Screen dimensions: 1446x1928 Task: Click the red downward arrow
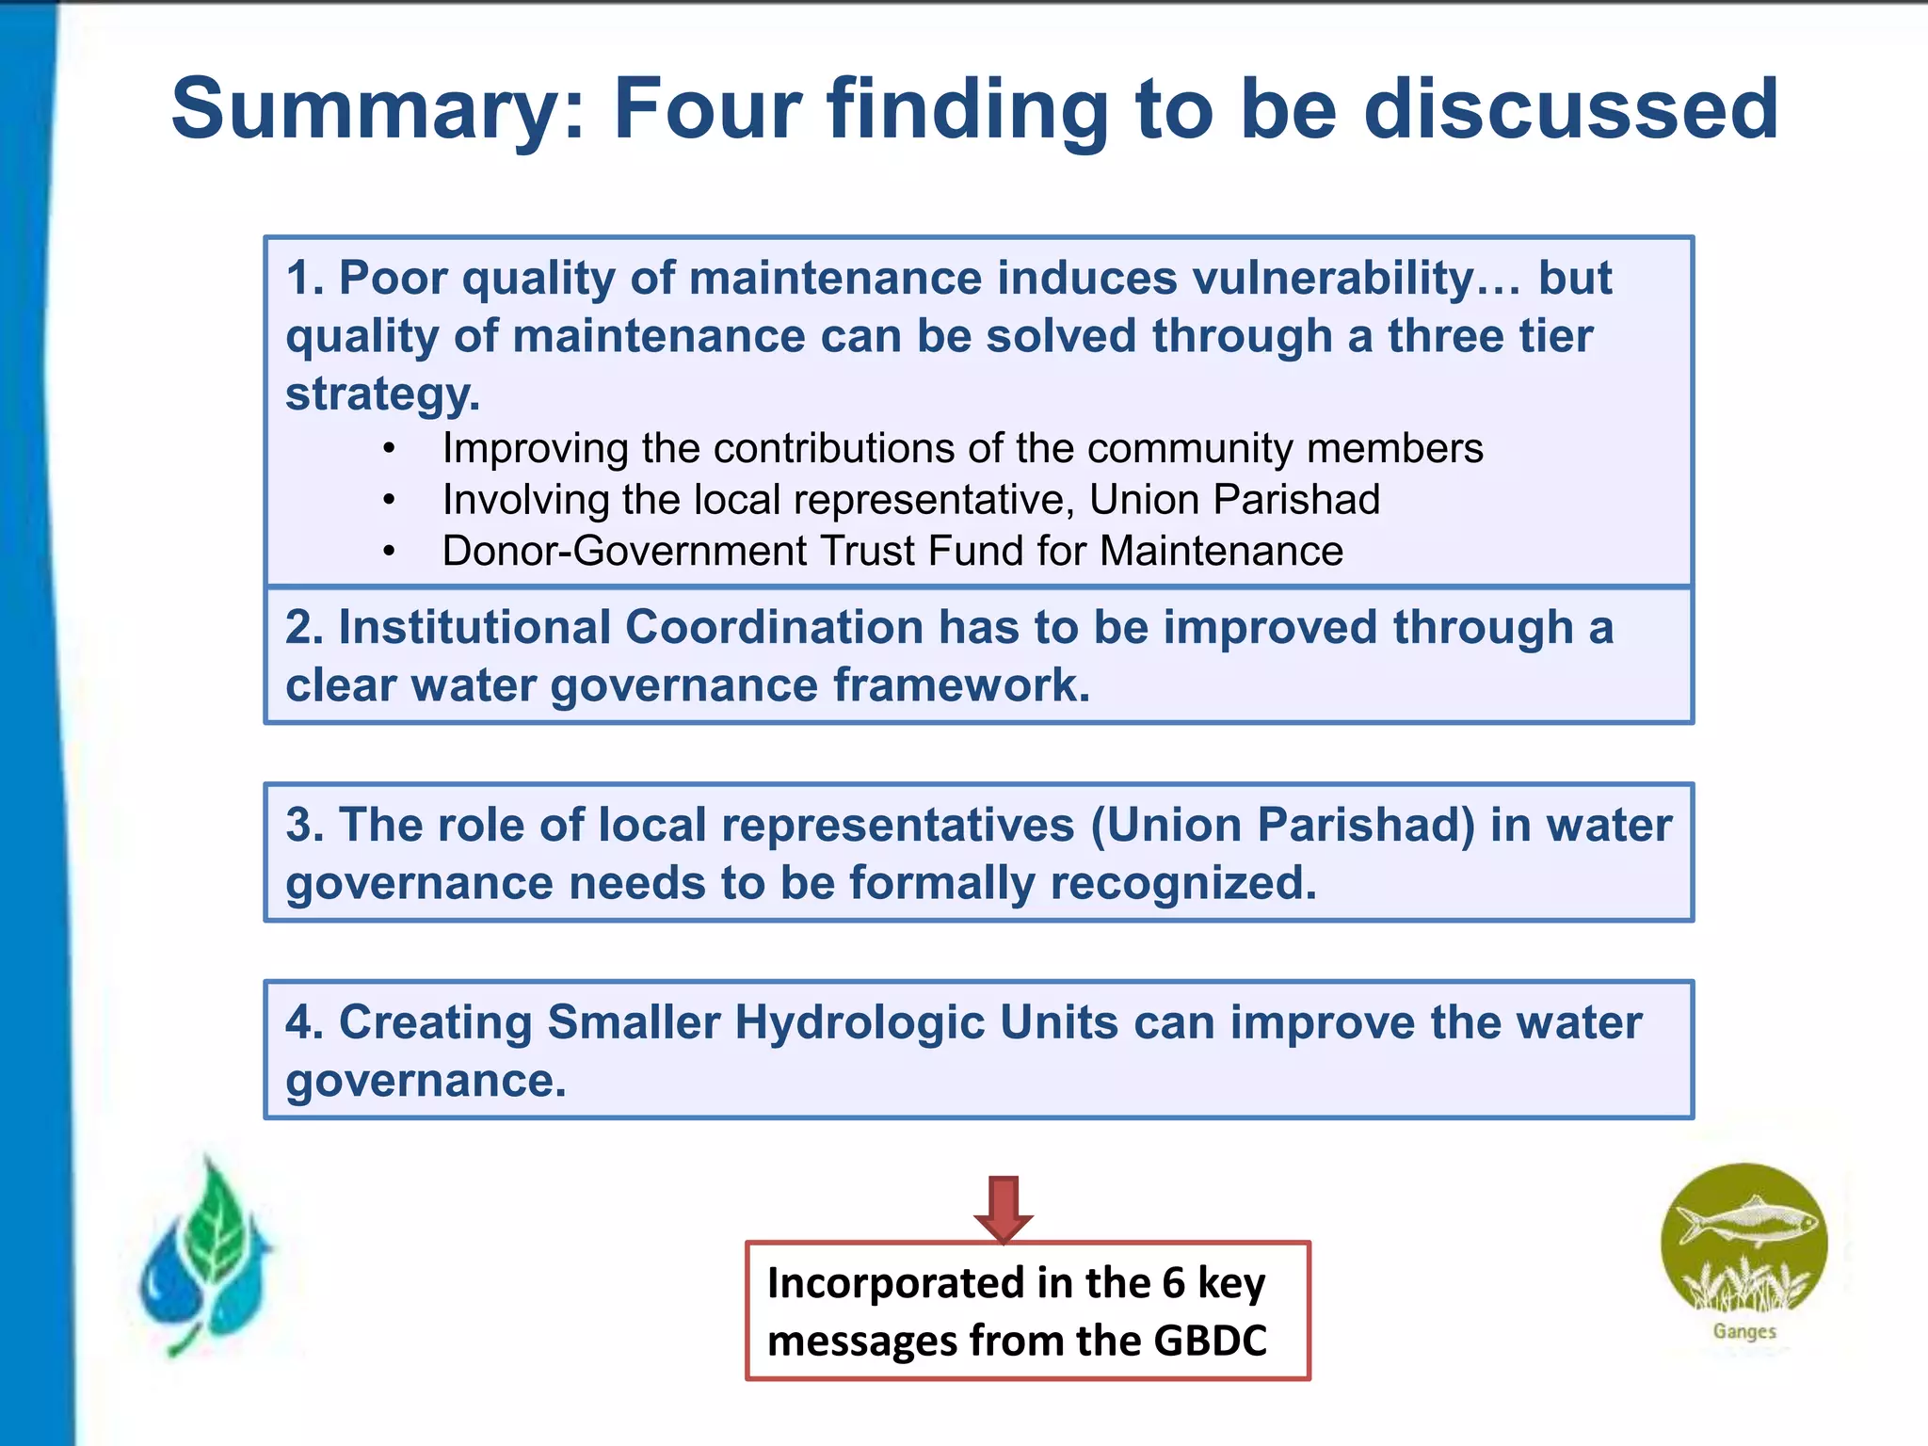coord(1004,1209)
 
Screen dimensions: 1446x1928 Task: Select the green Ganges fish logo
coord(1743,1241)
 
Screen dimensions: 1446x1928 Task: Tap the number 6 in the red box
coord(1173,1283)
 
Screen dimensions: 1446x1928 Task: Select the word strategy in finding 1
coord(382,394)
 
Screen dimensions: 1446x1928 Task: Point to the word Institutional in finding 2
coord(474,628)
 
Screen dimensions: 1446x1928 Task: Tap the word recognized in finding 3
coord(1182,884)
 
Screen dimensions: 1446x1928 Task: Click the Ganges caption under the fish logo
coord(1744,1331)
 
